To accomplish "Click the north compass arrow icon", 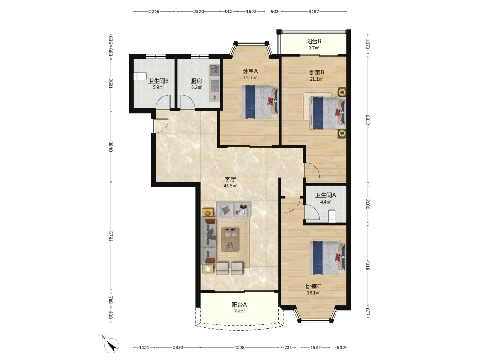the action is tap(111, 346).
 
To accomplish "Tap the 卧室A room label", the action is tap(251, 71).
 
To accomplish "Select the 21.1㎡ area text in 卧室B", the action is tap(316, 79).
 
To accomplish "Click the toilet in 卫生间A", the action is tap(332, 216).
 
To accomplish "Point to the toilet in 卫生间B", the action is tap(140, 76).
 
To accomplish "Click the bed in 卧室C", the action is tap(327, 257).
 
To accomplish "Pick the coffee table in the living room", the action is tap(230, 239).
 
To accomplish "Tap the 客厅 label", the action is tap(230, 180).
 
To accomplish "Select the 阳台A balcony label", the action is tap(239, 305).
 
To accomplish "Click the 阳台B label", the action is tap(313, 41).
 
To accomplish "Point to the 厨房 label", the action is tap(196, 81).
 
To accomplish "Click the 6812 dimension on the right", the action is tap(368, 120).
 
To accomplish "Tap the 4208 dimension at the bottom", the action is tap(239, 348).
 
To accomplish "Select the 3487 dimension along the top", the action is tap(313, 12).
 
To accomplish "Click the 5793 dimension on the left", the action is tap(111, 236).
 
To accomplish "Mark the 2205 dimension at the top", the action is tap(154, 12).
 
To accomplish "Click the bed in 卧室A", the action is tap(260, 102).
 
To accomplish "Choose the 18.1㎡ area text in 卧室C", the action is tap(313, 293).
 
